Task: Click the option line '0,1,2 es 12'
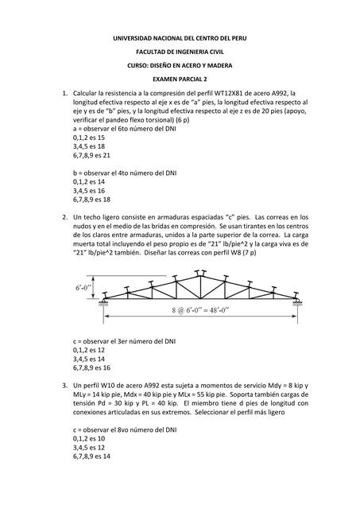point(88,349)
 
